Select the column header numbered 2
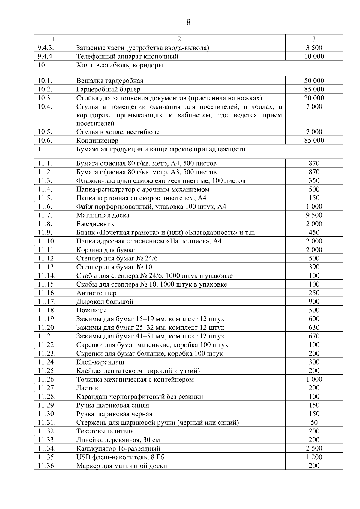pos(179,39)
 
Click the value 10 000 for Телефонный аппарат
pos(314,56)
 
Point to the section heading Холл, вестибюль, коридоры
pos(120,65)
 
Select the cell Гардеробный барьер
pos(108,89)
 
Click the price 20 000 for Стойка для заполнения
pos(314,98)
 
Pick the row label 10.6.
pos(45,140)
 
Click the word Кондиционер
pos(97,141)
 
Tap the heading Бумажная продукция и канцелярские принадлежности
pos(161,149)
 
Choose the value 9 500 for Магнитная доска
pos(314,215)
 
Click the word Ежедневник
pos(95,224)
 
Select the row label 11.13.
pos(47,267)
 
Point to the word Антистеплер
pos(96,293)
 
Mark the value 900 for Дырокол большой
pos(314,302)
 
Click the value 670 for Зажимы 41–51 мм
pos(314,336)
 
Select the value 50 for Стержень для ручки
pos(314,422)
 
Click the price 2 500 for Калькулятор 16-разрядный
pos(314,448)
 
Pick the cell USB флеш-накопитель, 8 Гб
pos(120,457)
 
